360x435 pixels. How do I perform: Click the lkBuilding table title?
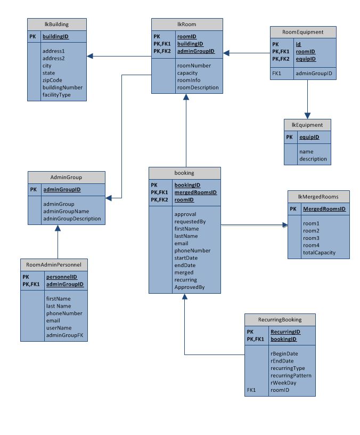point(56,25)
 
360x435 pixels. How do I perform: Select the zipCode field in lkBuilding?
point(53,80)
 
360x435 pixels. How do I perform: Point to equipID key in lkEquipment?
point(309,137)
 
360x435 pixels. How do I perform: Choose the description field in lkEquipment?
point(313,159)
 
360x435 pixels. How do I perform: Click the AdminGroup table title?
point(66,177)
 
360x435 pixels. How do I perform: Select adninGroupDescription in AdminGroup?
point(71,219)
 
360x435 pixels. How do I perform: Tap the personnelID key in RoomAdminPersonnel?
point(62,277)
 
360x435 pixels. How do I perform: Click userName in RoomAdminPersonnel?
point(59,328)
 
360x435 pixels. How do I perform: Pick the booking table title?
point(184,173)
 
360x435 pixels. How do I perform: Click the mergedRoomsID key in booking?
point(195,192)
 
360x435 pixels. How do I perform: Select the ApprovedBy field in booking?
point(189,287)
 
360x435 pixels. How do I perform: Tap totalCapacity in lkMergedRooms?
point(319,253)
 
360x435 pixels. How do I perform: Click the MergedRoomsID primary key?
point(324,209)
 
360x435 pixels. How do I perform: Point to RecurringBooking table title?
point(280,320)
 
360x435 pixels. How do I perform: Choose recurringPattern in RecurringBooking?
point(291,375)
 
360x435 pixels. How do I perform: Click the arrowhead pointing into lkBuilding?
point(91,56)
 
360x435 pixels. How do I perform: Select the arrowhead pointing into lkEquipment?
point(307,115)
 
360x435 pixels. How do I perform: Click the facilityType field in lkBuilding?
point(56,95)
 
